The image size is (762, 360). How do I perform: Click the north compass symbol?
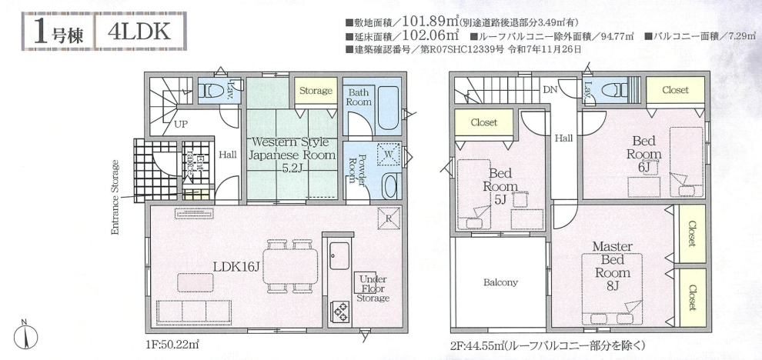25,335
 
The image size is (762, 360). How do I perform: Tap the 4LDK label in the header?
139,32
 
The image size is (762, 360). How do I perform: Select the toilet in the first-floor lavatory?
212,90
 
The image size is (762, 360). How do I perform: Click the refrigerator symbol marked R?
389,218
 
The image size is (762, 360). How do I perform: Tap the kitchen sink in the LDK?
339,255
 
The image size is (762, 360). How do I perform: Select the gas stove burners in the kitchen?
339,312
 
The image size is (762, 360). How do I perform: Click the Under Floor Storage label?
373,288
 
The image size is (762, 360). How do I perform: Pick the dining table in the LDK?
291,266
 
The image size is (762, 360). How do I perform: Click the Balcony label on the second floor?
500,282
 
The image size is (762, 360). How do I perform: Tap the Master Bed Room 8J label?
612,266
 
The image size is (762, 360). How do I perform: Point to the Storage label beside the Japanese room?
316,90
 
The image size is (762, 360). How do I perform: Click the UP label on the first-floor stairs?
181,125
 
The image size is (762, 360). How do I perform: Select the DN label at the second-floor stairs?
550,90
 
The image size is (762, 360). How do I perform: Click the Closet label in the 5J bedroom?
484,122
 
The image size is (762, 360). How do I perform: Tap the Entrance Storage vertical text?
115,197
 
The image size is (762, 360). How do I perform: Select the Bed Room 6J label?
644,155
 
